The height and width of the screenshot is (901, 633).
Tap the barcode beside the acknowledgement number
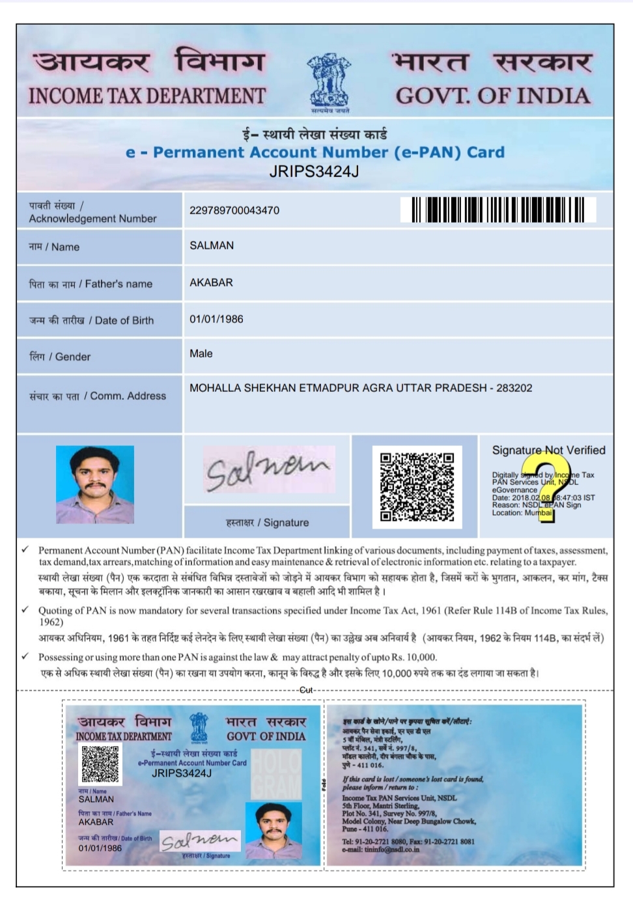pos(498,210)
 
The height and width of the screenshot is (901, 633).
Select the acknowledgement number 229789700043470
pos(234,210)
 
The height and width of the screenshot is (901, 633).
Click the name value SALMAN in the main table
pos(212,245)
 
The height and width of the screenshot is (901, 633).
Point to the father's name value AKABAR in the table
pos(211,283)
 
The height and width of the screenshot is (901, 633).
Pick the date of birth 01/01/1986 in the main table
pos(216,319)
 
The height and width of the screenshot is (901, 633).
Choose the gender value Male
pos(201,353)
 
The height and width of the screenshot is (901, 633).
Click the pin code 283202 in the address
pos(514,388)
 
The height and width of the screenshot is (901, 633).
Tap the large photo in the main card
pos(95,484)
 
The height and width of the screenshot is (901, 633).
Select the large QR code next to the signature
pos(417,486)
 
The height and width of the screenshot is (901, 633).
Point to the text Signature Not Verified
pos(548,450)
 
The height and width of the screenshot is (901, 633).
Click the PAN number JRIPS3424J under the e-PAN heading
pos(314,171)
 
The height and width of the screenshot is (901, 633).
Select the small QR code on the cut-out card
pos(100,764)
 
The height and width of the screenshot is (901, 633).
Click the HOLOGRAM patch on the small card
pos(276,774)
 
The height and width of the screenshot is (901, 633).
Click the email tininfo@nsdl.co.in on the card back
pos(384,849)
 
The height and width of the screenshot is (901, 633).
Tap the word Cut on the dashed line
pos(306,690)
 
